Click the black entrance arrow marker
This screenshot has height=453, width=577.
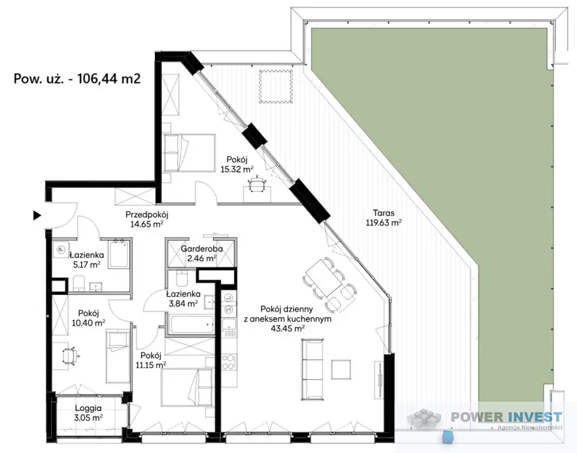[x=37, y=215]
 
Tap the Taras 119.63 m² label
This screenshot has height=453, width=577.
[x=383, y=218]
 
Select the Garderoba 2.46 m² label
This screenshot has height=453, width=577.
[x=201, y=254]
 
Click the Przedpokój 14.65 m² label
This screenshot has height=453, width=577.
[x=147, y=219]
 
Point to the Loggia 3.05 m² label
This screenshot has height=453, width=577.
[x=88, y=413]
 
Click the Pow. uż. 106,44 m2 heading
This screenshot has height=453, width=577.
[x=77, y=78]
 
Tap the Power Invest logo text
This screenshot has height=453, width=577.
[x=507, y=417]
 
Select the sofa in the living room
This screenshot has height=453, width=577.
[x=313, y=369]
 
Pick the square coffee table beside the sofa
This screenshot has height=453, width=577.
[x=341, y=369]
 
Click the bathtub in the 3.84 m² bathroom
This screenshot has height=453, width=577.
[x=191, y=324]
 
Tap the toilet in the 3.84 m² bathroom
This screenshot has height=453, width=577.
[x=182, y=278]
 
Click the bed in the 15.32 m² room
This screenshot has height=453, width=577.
[x=189, y=153]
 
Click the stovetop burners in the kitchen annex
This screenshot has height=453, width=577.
[x=228, y=362]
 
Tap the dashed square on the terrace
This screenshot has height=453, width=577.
[x=276, y=87]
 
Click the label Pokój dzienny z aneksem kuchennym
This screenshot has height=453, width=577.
[x=287, y=314]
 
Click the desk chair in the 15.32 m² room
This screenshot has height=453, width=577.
[x=257, y=184]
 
